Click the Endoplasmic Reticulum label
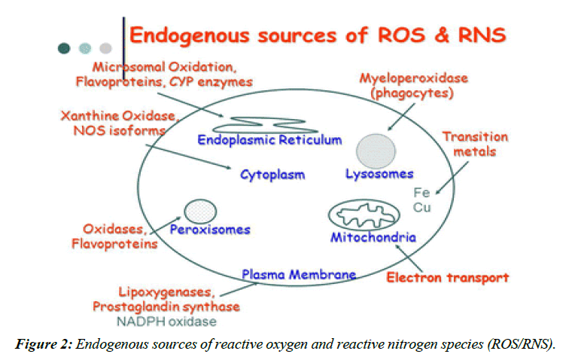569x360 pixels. pos(269,140)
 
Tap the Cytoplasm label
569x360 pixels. pos(272,175)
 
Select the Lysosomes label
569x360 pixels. pos(379,174)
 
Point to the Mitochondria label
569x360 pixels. pos(373,238)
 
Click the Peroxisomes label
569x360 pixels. pos(210,229)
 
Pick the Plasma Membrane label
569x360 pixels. pos(299,275)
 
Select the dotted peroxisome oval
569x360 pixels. pos(200,209)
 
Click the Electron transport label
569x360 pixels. pos(447,278)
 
